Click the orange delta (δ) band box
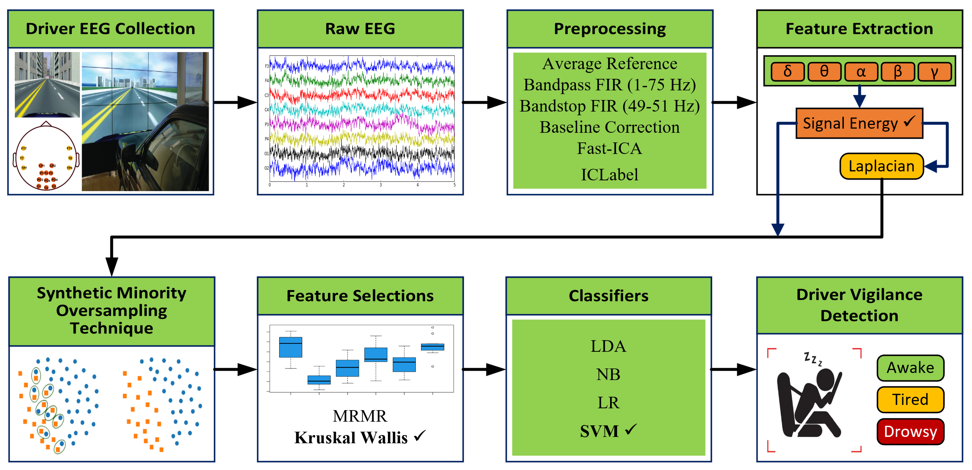pos(787,72)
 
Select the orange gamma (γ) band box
pos(934,72)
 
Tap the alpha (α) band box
pos(861,72)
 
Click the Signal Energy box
pos(859,123)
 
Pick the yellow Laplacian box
pos(881,166)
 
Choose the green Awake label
pos(910,368)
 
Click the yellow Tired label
pos(910,399)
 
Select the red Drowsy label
pos(910,431)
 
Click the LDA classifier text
pos(608,346)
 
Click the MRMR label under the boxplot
pos(360,416)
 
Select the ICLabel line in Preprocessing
pos(609,174)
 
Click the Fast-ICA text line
pos(609,148)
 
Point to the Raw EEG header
pos(360,29)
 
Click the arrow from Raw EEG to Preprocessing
pos(485,102)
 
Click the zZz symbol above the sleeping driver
pos(812,358)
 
